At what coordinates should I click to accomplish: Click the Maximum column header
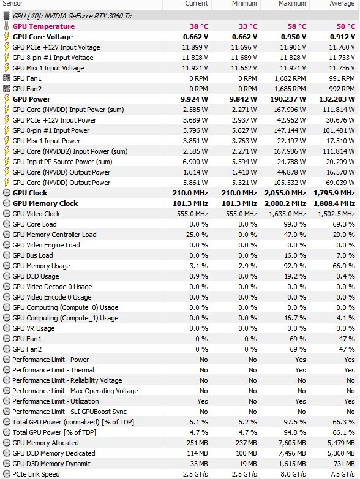[292, 3]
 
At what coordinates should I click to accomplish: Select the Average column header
[342, 3]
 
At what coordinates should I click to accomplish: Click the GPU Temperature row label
[43, 26]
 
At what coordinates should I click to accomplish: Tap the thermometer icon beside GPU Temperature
[6, 26]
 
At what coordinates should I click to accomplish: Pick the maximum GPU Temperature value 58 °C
[297, 26]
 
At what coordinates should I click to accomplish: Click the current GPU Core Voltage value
[195, 37]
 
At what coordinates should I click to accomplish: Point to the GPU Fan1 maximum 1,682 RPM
[290, 78]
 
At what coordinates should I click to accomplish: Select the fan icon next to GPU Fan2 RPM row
[6, 89]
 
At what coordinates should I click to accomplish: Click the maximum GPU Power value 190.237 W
[288, 99]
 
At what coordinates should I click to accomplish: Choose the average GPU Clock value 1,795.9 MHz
[334, 193]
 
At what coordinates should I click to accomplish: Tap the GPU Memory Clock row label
[45, 203]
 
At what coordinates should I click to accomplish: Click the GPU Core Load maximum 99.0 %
[294, 224]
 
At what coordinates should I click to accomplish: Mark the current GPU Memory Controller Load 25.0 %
[197, 235]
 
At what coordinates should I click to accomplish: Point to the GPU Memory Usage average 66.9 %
[344, 266]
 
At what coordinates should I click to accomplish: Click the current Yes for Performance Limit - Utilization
[203, 401]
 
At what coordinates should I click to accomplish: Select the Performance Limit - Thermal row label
[53, 370]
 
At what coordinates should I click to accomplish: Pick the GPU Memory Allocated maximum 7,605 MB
[292, 443]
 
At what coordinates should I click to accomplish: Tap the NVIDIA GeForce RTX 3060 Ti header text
[72, 16]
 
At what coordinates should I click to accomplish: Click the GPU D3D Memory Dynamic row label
[51, 464]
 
